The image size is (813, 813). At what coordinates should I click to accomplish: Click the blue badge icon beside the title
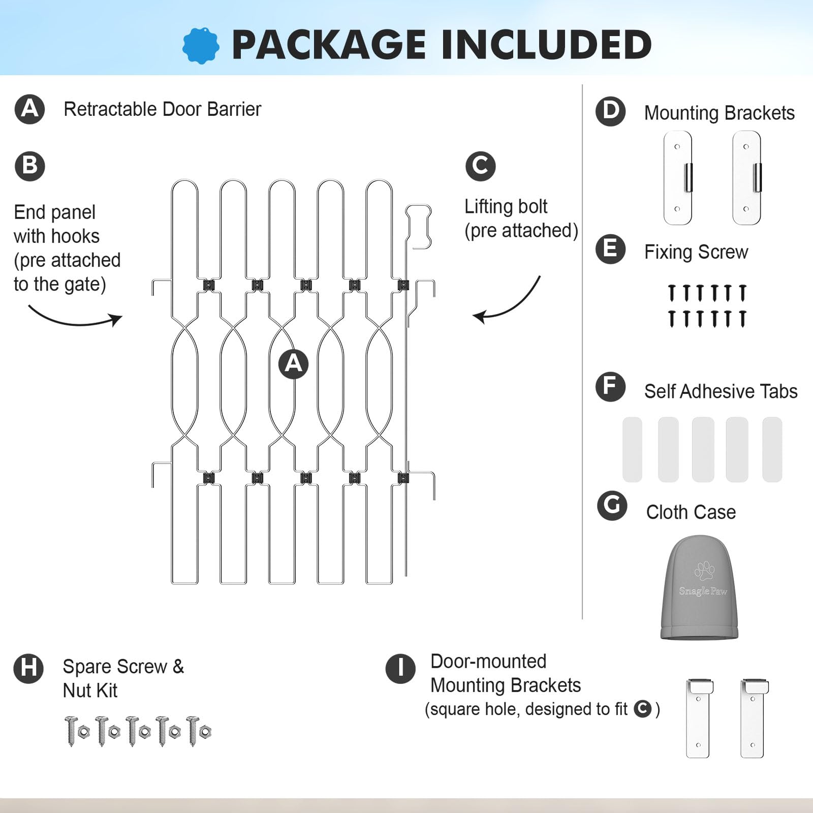201,46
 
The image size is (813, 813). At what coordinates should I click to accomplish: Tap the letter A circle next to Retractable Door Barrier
30,109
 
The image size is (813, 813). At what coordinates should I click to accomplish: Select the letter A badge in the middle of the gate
293,364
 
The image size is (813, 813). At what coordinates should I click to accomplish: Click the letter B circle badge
30,166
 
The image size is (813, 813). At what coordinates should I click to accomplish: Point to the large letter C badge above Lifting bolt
480,166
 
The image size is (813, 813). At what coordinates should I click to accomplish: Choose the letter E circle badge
610,249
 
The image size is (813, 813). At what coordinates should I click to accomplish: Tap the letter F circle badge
610,387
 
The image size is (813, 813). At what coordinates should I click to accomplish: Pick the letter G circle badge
612,506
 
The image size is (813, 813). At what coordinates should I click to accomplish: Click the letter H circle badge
28,668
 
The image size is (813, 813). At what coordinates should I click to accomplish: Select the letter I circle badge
400,668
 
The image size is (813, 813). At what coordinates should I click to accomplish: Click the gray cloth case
699,587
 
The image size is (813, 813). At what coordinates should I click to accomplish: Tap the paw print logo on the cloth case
704,571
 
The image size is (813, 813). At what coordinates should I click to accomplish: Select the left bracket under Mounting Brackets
678,178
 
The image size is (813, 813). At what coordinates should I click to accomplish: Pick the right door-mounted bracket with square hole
754,718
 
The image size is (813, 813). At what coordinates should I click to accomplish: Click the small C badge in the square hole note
643,709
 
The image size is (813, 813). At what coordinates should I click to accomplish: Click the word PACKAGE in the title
328,45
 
